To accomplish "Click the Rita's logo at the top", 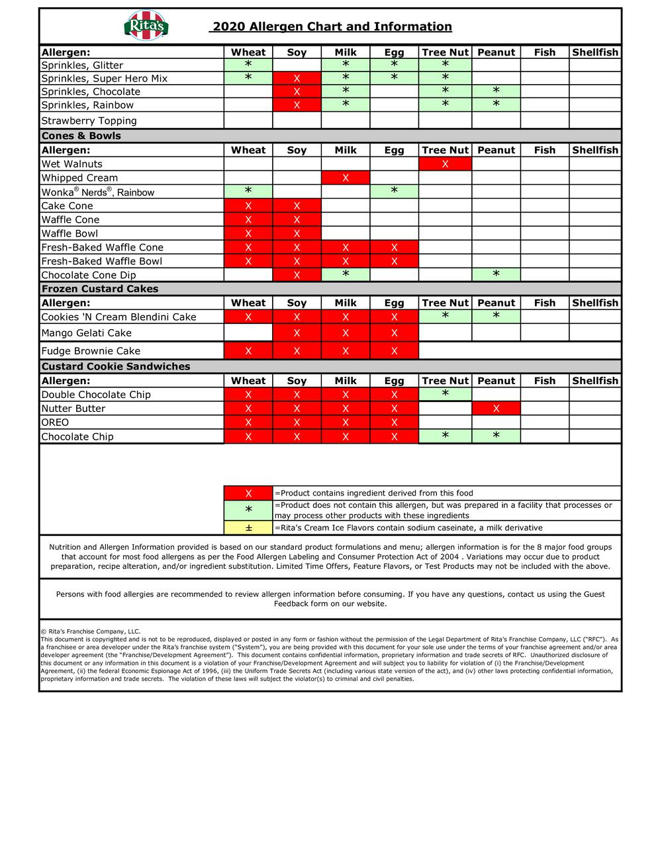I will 146,26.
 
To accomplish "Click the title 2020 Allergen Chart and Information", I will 331,26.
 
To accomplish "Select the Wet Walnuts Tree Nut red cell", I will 445,164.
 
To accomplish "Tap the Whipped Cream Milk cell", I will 346,177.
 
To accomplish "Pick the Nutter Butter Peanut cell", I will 496,409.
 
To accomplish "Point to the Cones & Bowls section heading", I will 81,136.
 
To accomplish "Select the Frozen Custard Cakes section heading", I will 100,289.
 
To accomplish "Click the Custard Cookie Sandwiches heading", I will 116,366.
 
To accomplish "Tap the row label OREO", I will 55,423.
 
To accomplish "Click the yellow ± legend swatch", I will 248,528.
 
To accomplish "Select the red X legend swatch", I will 248,493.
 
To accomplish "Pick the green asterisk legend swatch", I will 248,510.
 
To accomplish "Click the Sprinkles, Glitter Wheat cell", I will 248,65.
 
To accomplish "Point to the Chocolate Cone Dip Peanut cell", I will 496,275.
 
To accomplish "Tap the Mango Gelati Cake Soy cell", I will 297,333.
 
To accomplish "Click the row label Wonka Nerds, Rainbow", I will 98,192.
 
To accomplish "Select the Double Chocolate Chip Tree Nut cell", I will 445,395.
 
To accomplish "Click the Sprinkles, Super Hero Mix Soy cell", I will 297,79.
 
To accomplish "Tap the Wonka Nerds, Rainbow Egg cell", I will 394,191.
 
